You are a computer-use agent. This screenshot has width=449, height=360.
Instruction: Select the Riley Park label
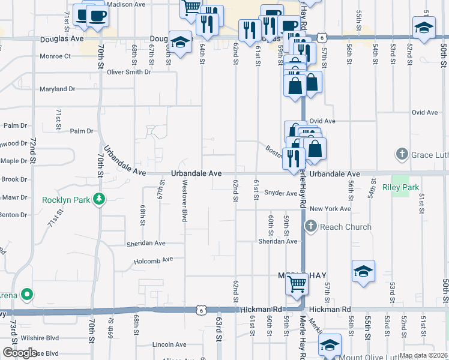(x=400, y=187)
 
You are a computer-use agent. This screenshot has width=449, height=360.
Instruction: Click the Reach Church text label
(x=346, y=227)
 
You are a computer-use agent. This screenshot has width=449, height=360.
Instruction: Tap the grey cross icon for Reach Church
(x=310, y=226)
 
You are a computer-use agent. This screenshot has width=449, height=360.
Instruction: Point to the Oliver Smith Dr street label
(x=129, y=72)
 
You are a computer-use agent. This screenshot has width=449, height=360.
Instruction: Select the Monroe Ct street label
(x=56, y=56)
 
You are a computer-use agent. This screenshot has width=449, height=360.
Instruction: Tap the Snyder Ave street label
(x=281, y=193)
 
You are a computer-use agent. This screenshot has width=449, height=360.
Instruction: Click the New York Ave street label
(x=330, y=209)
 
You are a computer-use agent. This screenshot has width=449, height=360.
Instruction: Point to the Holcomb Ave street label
(x=153, y=260)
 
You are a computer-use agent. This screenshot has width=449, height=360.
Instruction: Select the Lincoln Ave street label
(x=169, y=344)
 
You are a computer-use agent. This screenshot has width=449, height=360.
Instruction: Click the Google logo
(x=19, y=353)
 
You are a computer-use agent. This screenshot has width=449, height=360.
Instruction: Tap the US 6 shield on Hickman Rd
(x=200, y=310)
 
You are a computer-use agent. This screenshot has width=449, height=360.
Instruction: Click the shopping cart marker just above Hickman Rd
(x=297, y=284)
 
